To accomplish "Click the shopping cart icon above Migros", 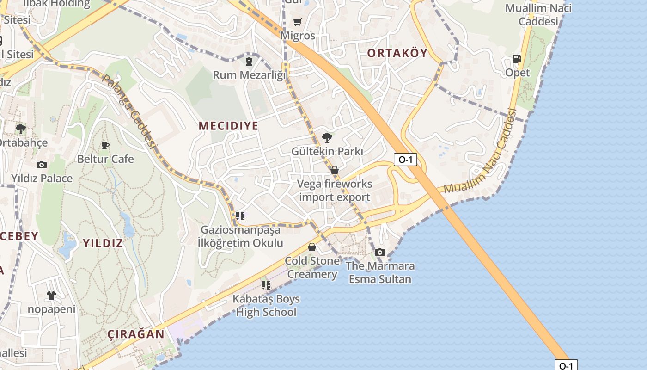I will point(297,22).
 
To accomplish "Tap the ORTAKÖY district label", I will point(397,53).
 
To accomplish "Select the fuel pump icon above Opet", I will point(517,59).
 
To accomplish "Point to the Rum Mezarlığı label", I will point(250,74).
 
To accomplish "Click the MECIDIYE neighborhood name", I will point(228,126).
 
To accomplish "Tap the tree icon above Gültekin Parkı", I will point(327,137).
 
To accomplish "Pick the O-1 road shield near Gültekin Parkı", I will point(405,160).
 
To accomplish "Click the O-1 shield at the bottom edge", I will point(566,365).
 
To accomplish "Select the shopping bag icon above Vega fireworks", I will point(335,170).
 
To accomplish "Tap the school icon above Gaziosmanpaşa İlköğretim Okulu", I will point(240,216).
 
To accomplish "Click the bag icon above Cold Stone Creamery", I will point(312,247).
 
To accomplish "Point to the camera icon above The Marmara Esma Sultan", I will point(380,252).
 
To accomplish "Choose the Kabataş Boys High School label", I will point(266,305).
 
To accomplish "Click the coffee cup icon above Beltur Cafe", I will point(105,145).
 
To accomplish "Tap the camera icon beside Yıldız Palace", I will point(42,165).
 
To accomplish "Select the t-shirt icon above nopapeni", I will point(51,295).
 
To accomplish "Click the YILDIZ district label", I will point(103,243).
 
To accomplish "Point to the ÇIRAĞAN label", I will point(136,334).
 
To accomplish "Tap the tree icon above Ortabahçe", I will point(20,129).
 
